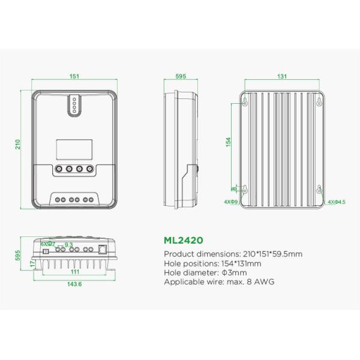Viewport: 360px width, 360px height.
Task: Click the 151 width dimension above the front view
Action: pos(74,76)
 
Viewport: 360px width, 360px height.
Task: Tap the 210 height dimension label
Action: pos(19,145)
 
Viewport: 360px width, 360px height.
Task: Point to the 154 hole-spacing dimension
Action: pos(228,141)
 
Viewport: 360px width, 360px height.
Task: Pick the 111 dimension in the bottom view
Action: pos(74,272)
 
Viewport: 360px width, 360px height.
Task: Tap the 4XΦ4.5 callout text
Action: pos(335,203)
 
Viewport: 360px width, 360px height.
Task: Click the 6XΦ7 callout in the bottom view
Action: pos(47,244)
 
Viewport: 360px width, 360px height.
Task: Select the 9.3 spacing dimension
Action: pos(68,245)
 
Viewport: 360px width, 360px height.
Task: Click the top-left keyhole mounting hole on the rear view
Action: pos(245,102)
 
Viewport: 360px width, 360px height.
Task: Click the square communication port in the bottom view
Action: pos(101,249)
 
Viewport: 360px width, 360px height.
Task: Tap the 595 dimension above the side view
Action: pos(181,76)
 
